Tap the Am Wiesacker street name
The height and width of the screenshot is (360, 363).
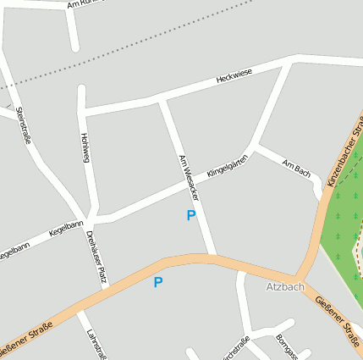pos(189,178)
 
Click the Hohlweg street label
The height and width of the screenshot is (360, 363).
pos(84,147)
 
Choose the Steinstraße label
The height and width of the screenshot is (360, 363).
pos(23,124)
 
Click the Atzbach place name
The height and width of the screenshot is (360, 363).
pos(284,287)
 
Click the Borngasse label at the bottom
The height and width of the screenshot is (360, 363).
pos(286,347)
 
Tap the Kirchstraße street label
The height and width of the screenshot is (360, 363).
pos(234,349)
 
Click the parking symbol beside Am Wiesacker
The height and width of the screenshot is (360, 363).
pos(190,216)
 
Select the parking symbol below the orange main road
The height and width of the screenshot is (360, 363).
pos(157,282)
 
